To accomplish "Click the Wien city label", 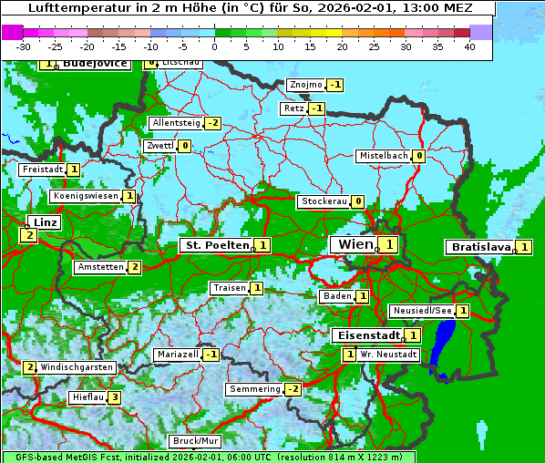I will [x=354, y=244].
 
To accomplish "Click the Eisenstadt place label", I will [x=365, y=335].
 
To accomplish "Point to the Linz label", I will [x=45, y=222].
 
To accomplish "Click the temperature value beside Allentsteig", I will [x=212, y=123].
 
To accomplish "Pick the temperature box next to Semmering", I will [x=292, y=389].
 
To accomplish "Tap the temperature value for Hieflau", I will [x=114, y=397].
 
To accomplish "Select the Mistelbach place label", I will [x=383, y=156].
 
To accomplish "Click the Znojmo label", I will [x=305, y=85].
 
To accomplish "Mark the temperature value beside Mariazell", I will [x=211, y=355].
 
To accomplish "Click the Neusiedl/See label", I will [x=422, y=311].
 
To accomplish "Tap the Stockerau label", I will [x=324, y=201].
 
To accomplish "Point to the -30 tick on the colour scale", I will [x=24, y=46].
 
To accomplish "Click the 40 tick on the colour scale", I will [x=469, y=46].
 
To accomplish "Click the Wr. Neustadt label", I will [x=388, y=355].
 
